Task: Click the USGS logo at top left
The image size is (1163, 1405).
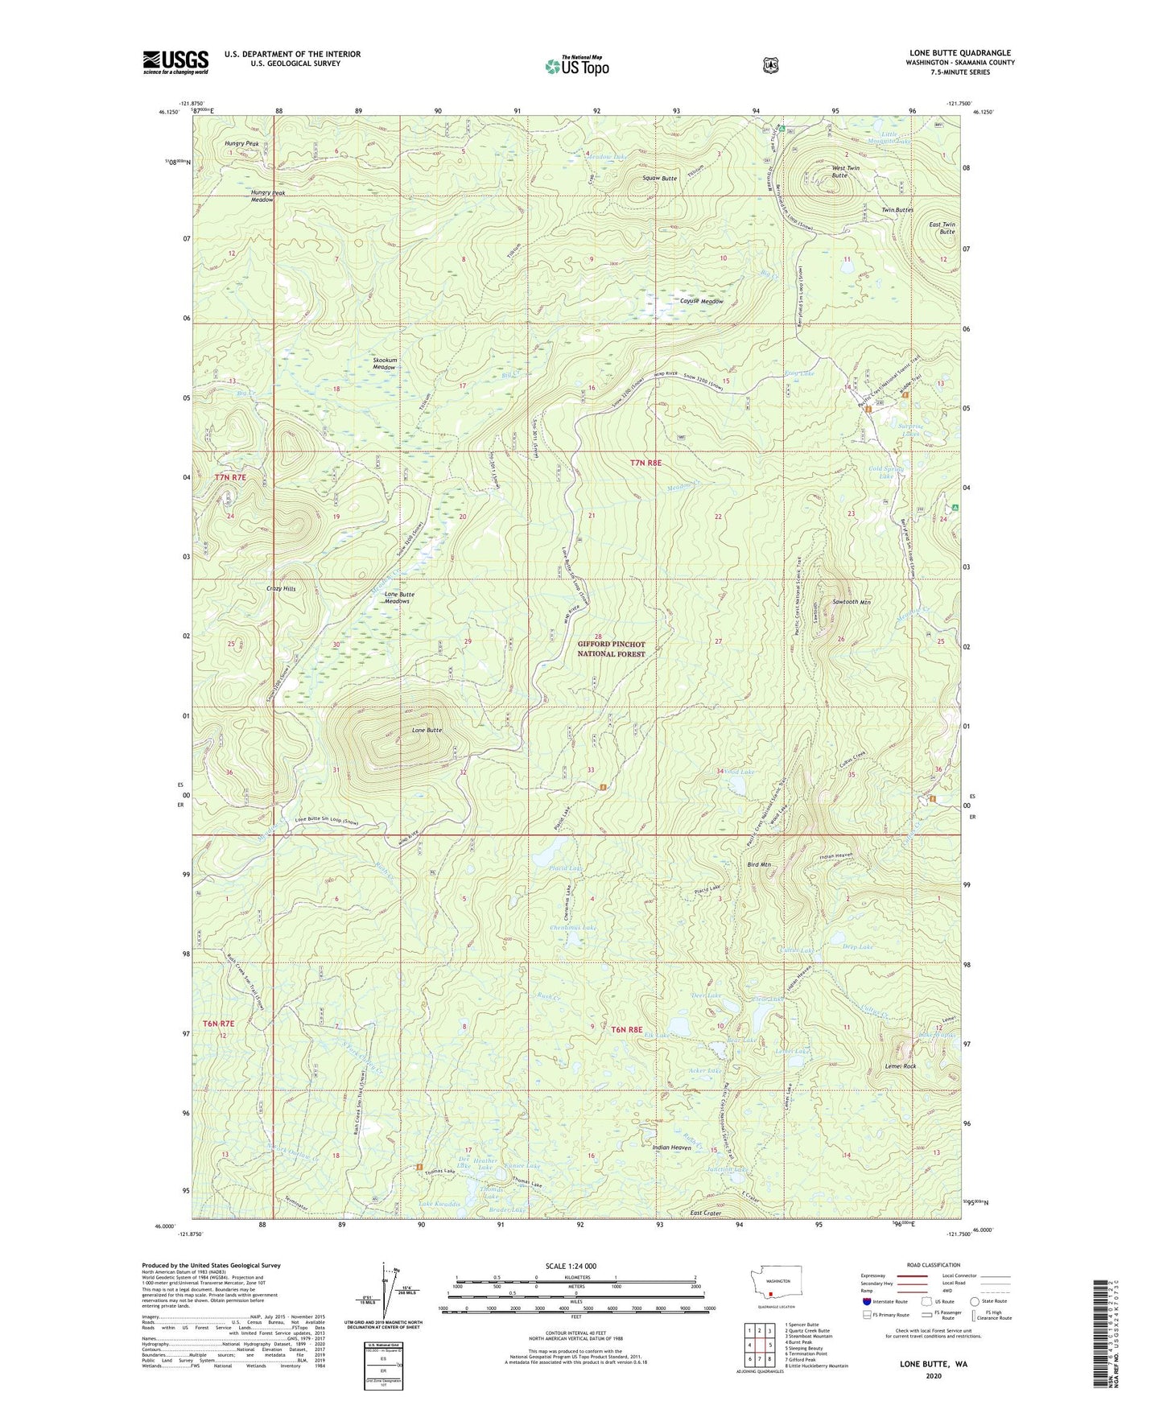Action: coord(175,62)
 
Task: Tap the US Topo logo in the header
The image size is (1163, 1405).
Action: coord(576,66)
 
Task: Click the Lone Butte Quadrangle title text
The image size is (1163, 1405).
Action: coord(959,53)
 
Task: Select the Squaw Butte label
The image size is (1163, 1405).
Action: coord(659,178)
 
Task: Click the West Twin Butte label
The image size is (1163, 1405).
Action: coord(844,171)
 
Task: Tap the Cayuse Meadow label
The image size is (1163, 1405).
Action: coord(701,302)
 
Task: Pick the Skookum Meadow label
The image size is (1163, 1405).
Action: coord(384,363)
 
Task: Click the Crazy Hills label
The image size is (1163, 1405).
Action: coord(281,589)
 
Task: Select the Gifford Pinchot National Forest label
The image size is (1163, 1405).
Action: coord(611,649)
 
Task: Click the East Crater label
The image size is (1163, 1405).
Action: coord(705,1213)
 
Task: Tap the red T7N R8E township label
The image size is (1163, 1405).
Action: coord(645,463)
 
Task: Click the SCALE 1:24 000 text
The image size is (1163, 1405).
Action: coord(571,1266)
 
